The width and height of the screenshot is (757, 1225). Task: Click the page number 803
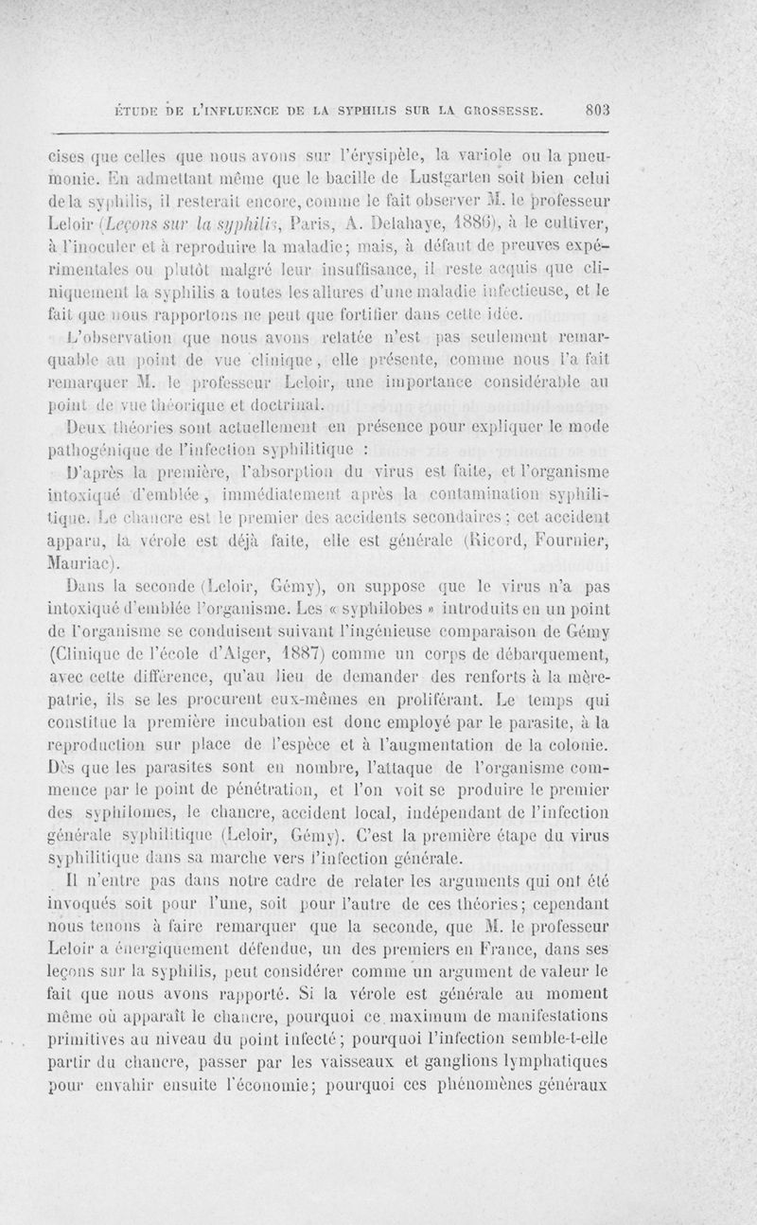click(x=601, y=109)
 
